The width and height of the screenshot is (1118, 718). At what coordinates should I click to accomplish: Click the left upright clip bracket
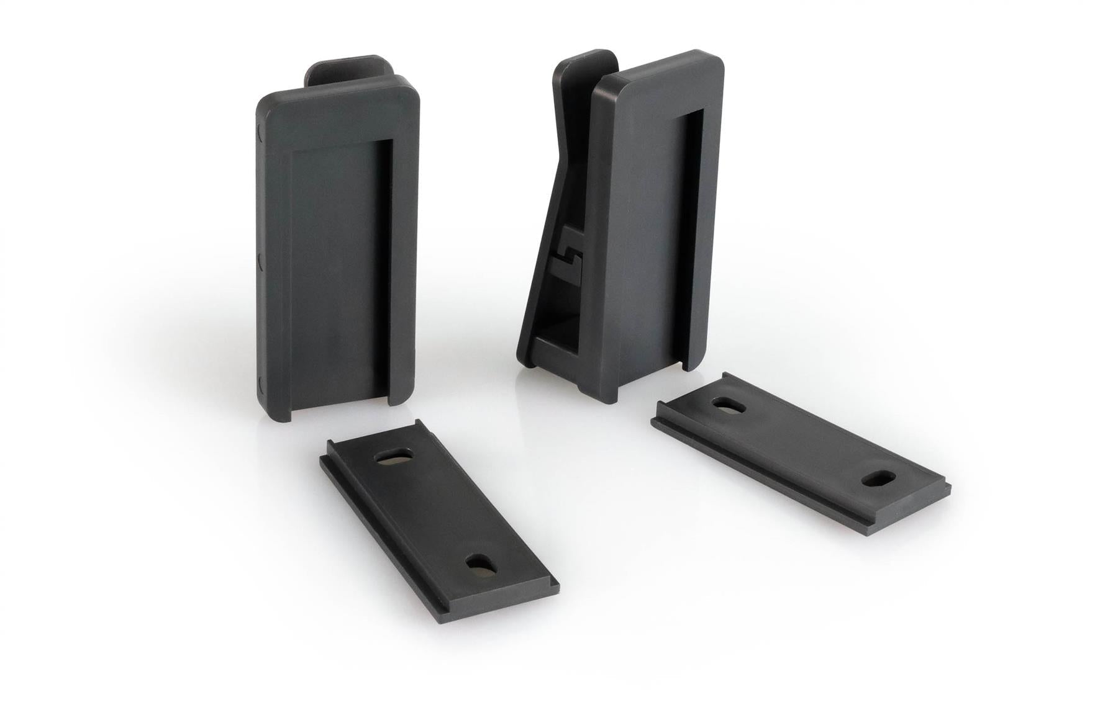(x=335, y=248)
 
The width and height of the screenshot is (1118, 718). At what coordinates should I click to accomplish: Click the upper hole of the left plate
(x=393, y=457)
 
